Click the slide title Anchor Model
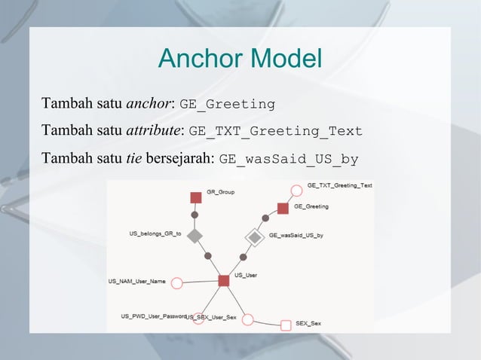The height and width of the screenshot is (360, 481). coord(240,58)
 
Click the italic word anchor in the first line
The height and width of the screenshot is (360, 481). coord(149,102)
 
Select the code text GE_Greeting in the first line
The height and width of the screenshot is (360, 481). coord(227,103)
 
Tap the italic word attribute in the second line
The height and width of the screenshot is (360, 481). coord(154,131)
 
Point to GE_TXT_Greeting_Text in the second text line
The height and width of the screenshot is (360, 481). coord(275,132)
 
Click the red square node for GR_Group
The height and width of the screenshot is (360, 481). coord(196,197)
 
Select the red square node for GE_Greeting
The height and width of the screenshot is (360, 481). coord(283,207)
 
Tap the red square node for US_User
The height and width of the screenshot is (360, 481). coord(224,280)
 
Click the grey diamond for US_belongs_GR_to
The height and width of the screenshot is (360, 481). coord(195,236)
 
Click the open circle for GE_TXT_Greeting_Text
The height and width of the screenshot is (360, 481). coord(296,189)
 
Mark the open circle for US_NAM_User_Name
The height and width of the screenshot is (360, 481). coord(176,283)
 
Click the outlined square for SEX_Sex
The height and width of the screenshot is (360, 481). coord(286,325)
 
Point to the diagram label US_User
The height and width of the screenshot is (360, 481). coord(246,275)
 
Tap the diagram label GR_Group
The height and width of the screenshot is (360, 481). coord(220,192)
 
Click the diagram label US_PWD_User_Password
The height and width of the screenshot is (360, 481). coord(153,316)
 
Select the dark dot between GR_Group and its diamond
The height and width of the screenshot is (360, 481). coord(195,215)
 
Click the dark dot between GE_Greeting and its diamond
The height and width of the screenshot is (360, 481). coord(265,219)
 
